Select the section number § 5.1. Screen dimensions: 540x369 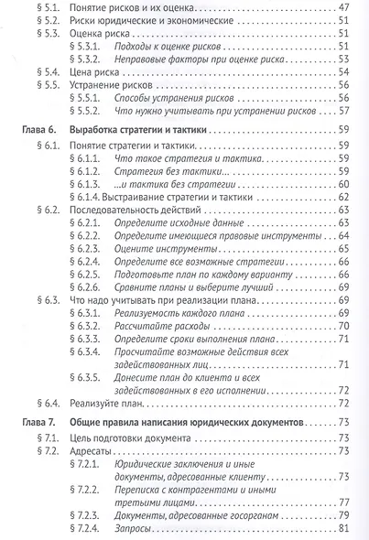[60, 6]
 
